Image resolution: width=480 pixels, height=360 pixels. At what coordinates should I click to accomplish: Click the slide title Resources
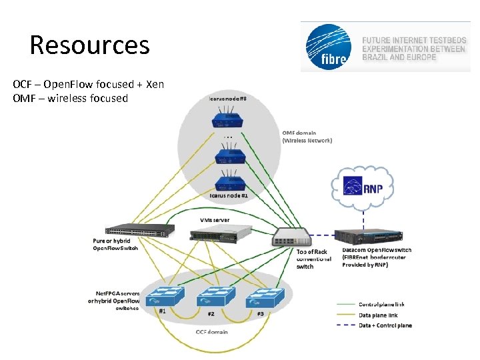point(89,45)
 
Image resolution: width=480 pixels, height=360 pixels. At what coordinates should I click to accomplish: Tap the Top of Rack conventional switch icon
point(291,236)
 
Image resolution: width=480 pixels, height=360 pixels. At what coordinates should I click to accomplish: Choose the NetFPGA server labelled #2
point(213,296)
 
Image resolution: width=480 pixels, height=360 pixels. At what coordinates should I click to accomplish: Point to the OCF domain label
point(212,331)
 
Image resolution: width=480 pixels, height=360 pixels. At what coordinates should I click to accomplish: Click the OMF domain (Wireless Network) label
point(307,137)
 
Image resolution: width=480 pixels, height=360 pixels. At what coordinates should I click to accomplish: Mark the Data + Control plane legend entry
point(385,325)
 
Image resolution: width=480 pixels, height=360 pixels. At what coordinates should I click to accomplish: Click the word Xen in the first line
point(155,85)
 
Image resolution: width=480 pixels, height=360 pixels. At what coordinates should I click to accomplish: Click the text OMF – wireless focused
point(70,99)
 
